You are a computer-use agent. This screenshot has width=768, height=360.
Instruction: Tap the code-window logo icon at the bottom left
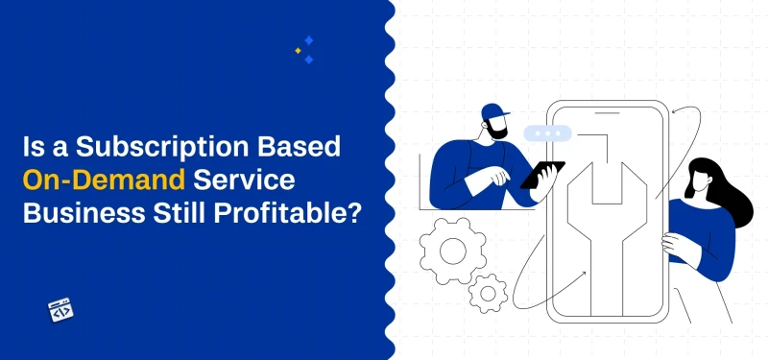click(x=61, y=310)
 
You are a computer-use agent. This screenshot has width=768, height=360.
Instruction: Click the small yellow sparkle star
click(x=298, y=50)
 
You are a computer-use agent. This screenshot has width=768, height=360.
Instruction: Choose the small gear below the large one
click(x=491, y=290)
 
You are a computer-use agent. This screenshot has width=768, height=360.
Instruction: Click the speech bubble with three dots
click(x=549, y=132)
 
